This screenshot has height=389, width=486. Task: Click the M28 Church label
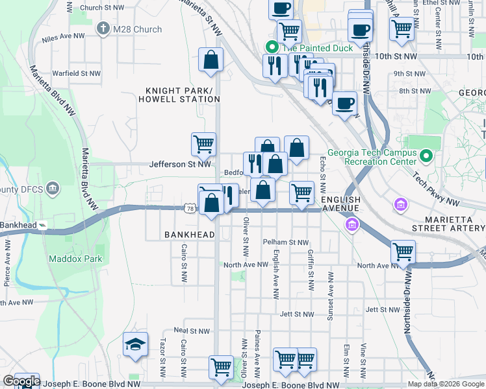click(138, 29)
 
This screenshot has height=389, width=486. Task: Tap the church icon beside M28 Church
click(103, 29)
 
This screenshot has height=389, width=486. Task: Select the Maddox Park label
click(75, 259)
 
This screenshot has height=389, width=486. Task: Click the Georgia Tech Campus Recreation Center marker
click(426, 156)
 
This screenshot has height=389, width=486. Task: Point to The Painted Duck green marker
click(272, 47)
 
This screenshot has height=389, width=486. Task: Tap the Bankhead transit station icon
click(43, 225)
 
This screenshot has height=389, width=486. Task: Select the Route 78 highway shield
click(189, 208)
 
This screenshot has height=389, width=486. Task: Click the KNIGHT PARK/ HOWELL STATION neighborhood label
click(178, 95)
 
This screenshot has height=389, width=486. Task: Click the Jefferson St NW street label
click(181, 165)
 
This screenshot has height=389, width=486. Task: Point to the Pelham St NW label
click(286, 242)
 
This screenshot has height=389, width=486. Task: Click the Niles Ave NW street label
click(64, 39)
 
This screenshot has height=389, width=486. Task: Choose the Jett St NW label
click(296, 314)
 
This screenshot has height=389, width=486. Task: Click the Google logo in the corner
click(21, 382)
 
